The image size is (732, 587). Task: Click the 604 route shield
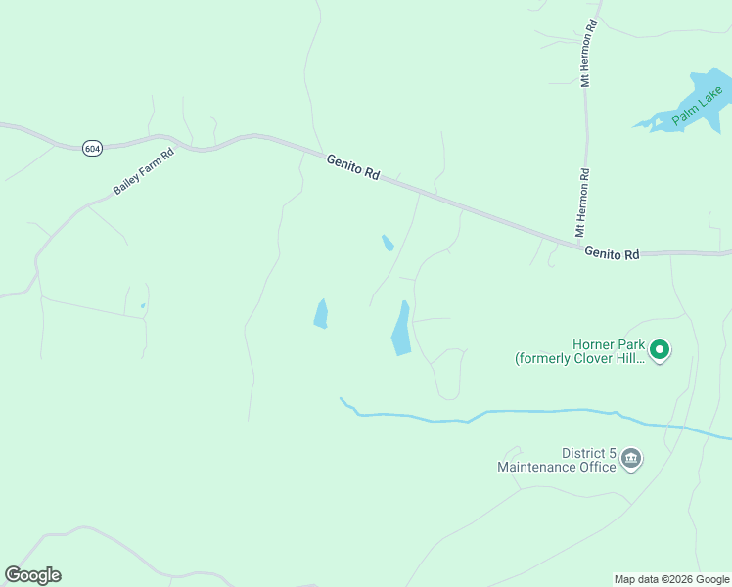[92, 148]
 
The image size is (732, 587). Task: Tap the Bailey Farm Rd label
[143, 170]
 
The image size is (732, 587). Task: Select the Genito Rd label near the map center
[352, 166]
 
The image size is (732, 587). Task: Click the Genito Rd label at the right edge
[612, 253]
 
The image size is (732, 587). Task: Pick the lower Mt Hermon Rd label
[582, 203]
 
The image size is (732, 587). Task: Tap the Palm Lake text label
[698, 107]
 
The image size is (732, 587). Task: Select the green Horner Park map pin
[660, 349]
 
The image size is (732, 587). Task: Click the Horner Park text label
[579, 351]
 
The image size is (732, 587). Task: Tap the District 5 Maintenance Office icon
[631, 459]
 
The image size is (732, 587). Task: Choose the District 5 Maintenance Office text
[558, 460]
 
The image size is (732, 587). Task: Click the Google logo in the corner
[33, 574]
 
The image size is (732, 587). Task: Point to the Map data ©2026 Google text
[671, 579]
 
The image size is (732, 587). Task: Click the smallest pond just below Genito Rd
[388, 243]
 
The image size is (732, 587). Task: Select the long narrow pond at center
[401, 329]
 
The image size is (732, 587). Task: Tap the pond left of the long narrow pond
[320, 314]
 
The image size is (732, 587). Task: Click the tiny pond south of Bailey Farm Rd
[143, 306]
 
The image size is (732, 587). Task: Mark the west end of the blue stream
[342, 399]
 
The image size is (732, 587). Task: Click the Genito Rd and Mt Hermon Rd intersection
[578, 242]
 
